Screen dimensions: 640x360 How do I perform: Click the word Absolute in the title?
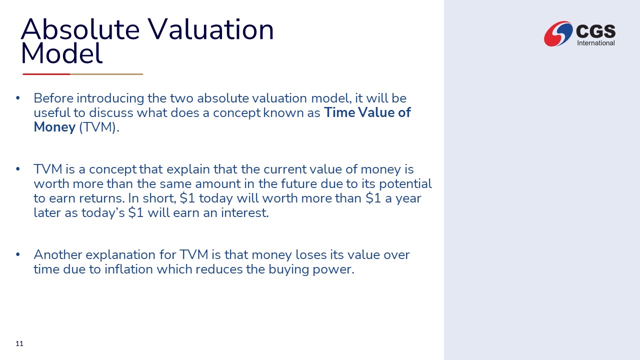tap(80, 29)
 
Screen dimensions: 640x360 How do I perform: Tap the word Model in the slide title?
tap(61, 53)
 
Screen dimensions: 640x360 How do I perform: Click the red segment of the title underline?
tap(46, 74)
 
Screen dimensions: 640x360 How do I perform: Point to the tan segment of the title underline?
tap(106, 74)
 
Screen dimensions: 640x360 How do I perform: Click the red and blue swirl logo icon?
tap(558, 33)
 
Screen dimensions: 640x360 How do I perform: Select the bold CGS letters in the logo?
tap(595, 31)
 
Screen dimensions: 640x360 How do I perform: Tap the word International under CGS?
tap(595, 43)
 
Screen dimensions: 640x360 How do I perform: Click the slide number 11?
tap(19, 343)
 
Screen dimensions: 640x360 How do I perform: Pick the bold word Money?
tap(54, 127)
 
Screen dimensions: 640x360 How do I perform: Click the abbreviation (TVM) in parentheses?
tap(99, 127)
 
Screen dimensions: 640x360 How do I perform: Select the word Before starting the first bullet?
tap(53, 98)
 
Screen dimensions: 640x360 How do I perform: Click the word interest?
tap(245, 213)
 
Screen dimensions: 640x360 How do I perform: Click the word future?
tap(299, 183)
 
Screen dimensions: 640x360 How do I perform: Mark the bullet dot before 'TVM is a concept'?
tap(18, 169)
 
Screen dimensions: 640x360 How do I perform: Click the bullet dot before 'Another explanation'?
tap(18, 254)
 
